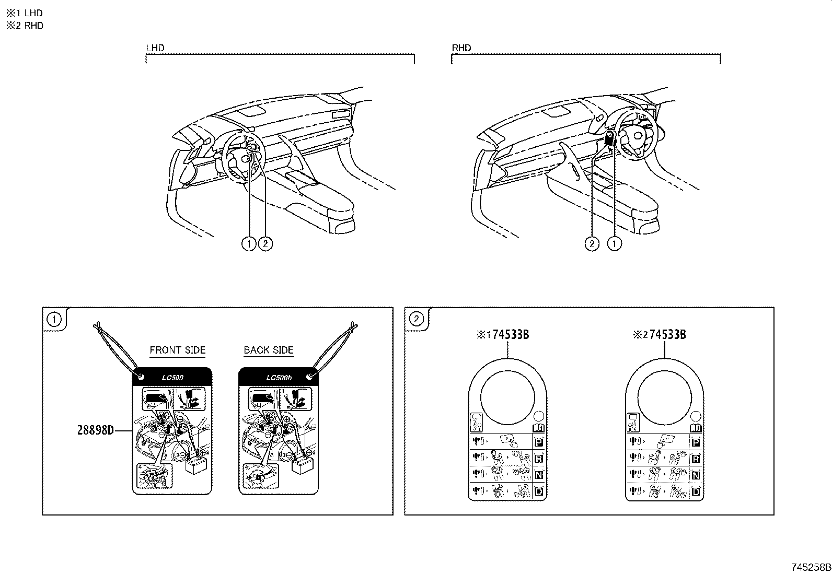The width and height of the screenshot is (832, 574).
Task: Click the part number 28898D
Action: [x=96, y=430]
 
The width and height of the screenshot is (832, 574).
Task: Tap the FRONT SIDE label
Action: [x=178, y=350]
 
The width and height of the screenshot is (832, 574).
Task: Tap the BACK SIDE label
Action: [x=269, y=350]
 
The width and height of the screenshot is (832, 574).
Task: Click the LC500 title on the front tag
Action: [x=173, y=377]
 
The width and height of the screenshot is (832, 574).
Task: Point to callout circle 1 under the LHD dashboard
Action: [x=249, y=243]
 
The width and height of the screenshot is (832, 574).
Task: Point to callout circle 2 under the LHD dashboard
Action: [x=265, y=243]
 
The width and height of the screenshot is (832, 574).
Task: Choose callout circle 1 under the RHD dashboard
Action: [x=615, y=243]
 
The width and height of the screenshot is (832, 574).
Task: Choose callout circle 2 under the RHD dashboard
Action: [x=592, y=243]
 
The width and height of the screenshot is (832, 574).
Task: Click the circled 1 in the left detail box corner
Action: [x=54, y=319]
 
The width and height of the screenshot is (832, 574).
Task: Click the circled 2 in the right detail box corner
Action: [x=417, y=319]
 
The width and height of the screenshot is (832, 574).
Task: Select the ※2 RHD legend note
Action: [x=25, y=26]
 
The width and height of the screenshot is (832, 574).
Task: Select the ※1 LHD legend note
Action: [x=25, y=13]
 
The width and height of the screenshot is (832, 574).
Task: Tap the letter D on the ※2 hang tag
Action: [x=696, y=491]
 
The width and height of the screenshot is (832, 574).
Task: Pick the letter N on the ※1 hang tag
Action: [x=539, y=475]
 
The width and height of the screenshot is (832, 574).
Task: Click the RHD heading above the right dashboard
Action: [x=461, y=48]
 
